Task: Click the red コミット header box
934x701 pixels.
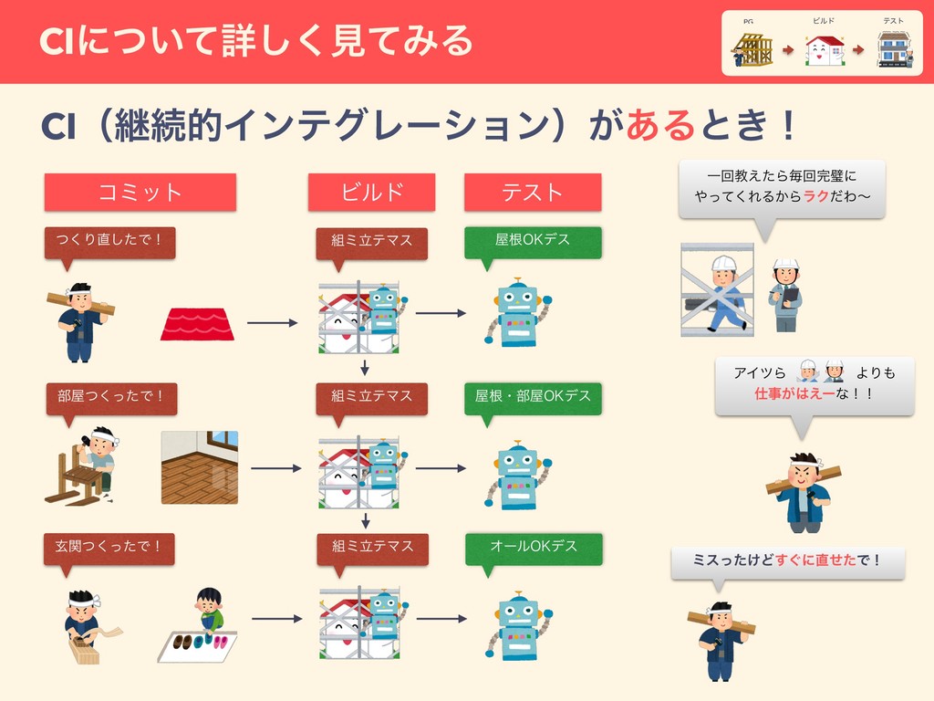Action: [x=140, y=192]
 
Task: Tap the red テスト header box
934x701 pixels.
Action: [x=533, y=192]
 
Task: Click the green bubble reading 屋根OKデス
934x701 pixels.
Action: [x=533, y=240]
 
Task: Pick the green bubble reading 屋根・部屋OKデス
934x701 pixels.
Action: [x=533, y=396]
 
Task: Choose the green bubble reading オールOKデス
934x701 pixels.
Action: [x=533, y=547]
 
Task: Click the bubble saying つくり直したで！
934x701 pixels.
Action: [x=109, y=240]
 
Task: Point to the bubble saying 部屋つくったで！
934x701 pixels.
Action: [x=110, y=396]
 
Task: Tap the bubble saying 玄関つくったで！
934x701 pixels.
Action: [x=109, y=547]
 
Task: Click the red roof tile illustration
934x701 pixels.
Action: [x=197, y=324]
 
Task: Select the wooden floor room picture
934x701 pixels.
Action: [x=200, y=467]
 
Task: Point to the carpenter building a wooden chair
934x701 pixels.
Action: [x=84, y=466]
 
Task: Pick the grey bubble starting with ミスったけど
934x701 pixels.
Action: [x=788, y=560]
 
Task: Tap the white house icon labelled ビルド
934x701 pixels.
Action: [x=825, y=50]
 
